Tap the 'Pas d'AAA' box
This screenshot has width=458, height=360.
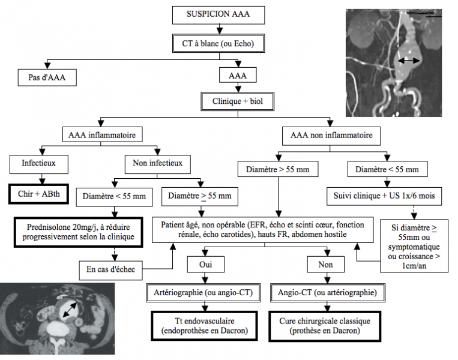point(47,77)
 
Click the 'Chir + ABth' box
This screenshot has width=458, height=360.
point(40,193)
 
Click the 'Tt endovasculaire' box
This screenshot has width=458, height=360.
point(205,325)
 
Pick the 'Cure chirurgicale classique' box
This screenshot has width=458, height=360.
point(324,325)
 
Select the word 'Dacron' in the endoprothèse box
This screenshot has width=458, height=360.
point(233,331)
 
